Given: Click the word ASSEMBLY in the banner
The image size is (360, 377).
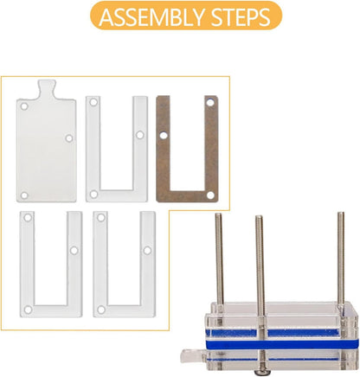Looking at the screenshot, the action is (152, 16).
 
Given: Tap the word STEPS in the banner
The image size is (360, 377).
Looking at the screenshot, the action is (241, 16).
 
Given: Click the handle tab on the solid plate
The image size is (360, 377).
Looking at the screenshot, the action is (46, 88).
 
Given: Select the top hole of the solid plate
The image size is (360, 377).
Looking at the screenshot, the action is (24, 106).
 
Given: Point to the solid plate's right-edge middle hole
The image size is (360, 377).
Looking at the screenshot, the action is (69, 138).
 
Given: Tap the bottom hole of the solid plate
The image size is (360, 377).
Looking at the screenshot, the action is (24, 195).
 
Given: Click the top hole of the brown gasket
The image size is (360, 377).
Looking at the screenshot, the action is (210, 102).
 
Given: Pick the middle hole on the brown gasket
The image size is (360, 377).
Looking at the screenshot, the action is (164, 136).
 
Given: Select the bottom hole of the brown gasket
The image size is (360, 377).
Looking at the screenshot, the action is (210, 195).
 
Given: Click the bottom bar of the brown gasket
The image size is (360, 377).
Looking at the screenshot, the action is (187, 195).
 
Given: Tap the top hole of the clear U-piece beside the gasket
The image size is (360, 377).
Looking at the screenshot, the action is (93, 102).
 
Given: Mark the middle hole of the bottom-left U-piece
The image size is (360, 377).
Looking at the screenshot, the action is (74, 250).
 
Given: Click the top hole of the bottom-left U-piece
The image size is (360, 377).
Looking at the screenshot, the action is (28, 217).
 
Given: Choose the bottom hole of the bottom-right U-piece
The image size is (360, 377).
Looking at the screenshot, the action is (101, 310).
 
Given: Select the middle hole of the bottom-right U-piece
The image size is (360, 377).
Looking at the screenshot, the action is (147, 250).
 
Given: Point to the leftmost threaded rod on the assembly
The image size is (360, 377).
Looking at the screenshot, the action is (219, 259).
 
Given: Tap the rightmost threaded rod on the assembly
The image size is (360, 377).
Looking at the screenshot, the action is (341, 259).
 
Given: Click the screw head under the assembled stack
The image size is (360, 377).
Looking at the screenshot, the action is (261, 373).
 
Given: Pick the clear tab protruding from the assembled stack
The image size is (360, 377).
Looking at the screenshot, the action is (193, 356).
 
